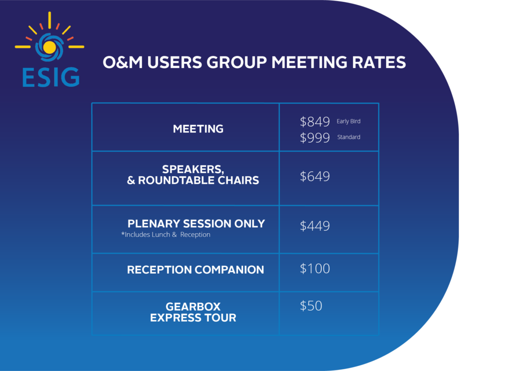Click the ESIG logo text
point(51,77)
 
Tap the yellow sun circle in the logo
point(49,47)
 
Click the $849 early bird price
point(315,122)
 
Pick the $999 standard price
point(315,138)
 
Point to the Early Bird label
point(348,121)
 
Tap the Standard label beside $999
point(348,137)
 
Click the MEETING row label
point(198,129)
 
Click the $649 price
point(315,176)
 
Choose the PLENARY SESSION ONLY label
point(196,224)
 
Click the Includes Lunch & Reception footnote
point(165,234)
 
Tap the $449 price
point(315,226)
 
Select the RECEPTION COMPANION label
point(195,270)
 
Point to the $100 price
point(315,269)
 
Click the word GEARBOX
point(193,307)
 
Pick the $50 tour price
point(311,306)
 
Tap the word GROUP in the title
point(236,62)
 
